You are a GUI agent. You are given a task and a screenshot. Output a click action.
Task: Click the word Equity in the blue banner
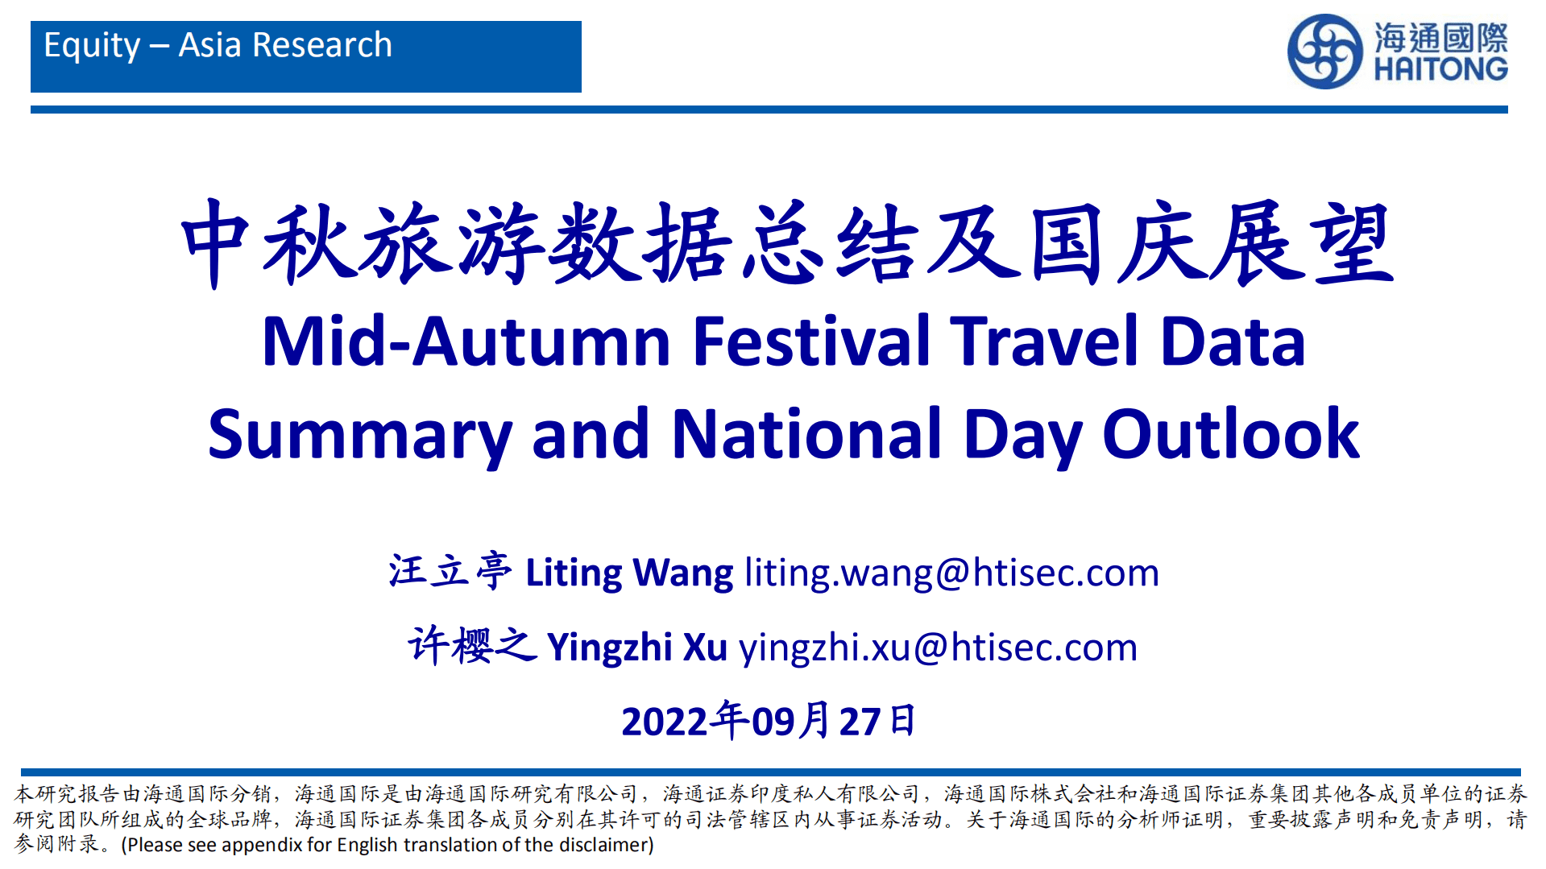pyautogui.click(x=92, y=46)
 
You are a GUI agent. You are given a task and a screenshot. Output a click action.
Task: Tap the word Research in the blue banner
pyautogui.click(x=322, y=45)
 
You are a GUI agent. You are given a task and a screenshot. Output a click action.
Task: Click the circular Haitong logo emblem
pyautogui.click(x=1324, y=52)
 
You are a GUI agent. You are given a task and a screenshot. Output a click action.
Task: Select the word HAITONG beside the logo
pyautogui.click(x=1440, y=68)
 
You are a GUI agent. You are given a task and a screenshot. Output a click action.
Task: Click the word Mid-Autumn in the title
pyautogui.click(x=466, y=341)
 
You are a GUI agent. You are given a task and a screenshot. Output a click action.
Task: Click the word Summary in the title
pyautogui.click(x=360, y=435)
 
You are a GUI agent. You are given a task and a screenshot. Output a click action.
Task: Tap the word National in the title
pyautogui.click(x=806, y=435)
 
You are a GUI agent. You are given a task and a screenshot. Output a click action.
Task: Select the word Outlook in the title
pyautogui.click(x=1230, y=435)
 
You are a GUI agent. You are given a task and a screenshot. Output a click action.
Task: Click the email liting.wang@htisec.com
pyautogui.click(x=951, y=573)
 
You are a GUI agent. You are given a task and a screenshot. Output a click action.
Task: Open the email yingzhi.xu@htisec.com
pyautogui.click(x=938, y=647)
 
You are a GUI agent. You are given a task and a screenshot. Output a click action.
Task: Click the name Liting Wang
pyautogui.click(x=629, y=573)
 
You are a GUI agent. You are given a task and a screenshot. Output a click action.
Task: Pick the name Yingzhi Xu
pyautogui.click(x=636, y=647)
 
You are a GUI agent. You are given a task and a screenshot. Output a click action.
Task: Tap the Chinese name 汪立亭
pyautogui.click(x=450, y=572)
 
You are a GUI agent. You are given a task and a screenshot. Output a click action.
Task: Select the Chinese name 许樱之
pyautogui.click(x=471, y=646)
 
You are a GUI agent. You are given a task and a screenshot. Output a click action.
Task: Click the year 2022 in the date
pyautogui.click(x=665, y=722)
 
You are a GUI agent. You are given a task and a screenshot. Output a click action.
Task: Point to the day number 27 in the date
pyautogui.click(x=860, y=722)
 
